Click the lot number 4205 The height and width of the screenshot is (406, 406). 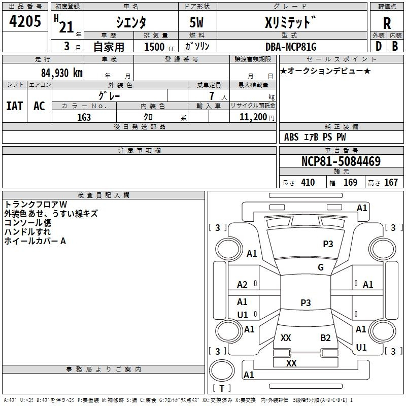click(25, 21)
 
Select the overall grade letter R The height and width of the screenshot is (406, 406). click(387, 23)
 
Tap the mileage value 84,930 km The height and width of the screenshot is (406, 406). click(62, 73)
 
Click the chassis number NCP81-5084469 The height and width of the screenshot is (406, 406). click(341, 161)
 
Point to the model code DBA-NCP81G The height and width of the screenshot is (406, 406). click(291, 47)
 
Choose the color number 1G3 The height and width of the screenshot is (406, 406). click(84, 117)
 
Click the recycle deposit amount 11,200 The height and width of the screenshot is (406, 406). click(253, 117)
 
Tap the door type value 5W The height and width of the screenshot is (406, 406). click(196, 22)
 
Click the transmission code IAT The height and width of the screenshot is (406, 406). click(14, 106)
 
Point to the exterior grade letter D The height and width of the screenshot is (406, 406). click(378, 46)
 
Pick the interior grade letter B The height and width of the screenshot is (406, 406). click(395, 46)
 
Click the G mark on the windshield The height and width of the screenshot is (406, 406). click(321, 267)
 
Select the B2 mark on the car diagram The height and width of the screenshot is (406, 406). click(325, 338)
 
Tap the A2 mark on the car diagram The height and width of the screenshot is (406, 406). click(242, 285)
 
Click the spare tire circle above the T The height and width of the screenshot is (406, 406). click(222, 370)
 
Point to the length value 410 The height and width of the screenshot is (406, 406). click(308, 182)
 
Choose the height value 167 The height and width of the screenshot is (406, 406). click(391, 182)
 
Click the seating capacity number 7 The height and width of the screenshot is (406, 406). click(212, 96)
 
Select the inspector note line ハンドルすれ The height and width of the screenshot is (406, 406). click(27, 232)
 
